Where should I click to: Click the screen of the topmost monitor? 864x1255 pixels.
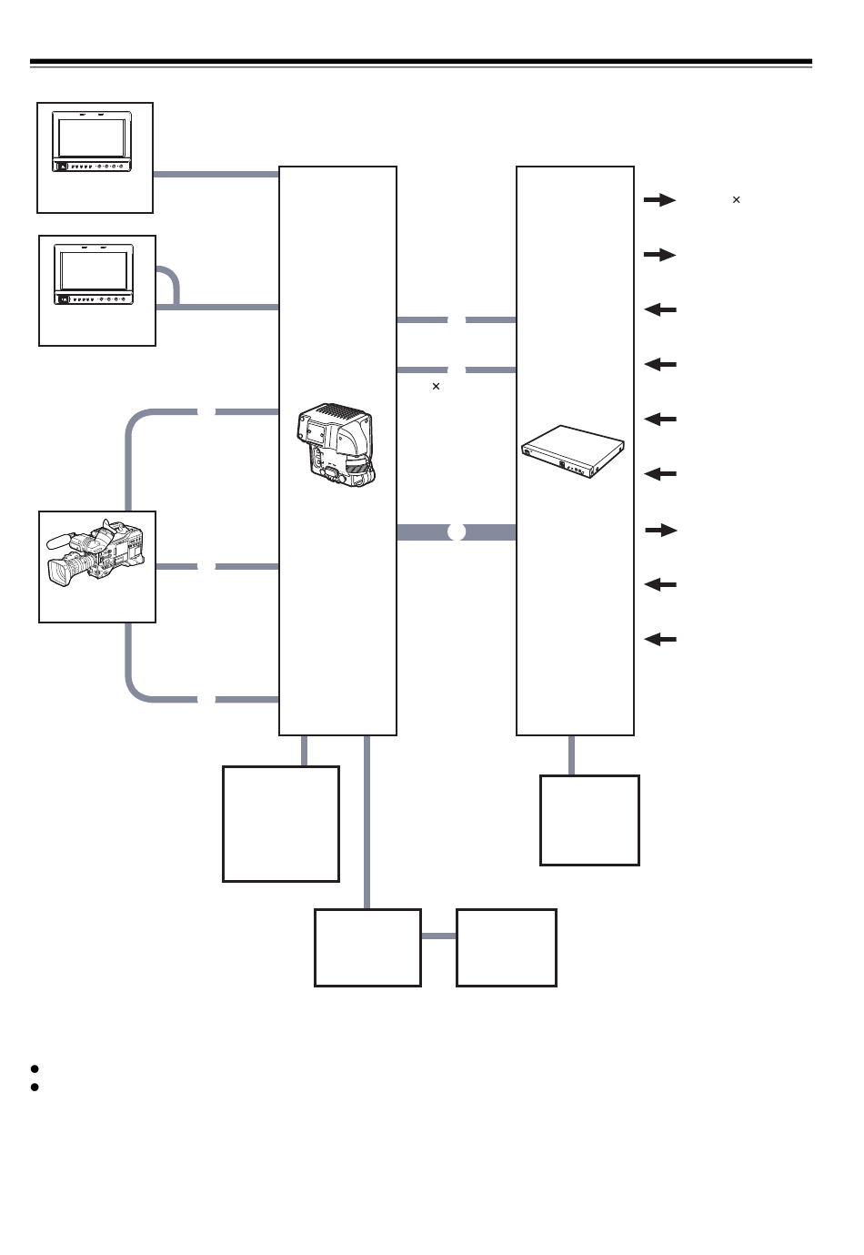92,137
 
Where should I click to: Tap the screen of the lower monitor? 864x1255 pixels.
94,270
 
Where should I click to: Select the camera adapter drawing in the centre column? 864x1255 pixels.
337,445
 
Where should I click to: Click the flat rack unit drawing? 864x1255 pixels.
574,451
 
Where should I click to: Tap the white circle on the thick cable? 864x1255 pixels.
457,532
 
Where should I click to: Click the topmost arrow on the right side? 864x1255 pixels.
659,200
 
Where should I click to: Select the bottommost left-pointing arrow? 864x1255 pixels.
660,640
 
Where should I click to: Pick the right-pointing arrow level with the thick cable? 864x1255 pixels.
660,530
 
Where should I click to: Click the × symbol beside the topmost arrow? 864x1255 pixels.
736,199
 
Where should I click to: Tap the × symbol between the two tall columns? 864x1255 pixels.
436,387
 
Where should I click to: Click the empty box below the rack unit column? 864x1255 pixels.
589,820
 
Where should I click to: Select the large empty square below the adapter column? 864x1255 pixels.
281,824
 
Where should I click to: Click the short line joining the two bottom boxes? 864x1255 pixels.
438,936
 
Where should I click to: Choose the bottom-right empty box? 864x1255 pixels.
506,947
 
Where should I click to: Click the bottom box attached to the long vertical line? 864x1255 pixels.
367,947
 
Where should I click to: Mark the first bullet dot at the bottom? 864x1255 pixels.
35,1068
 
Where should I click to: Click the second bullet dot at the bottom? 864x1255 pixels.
35,1087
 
